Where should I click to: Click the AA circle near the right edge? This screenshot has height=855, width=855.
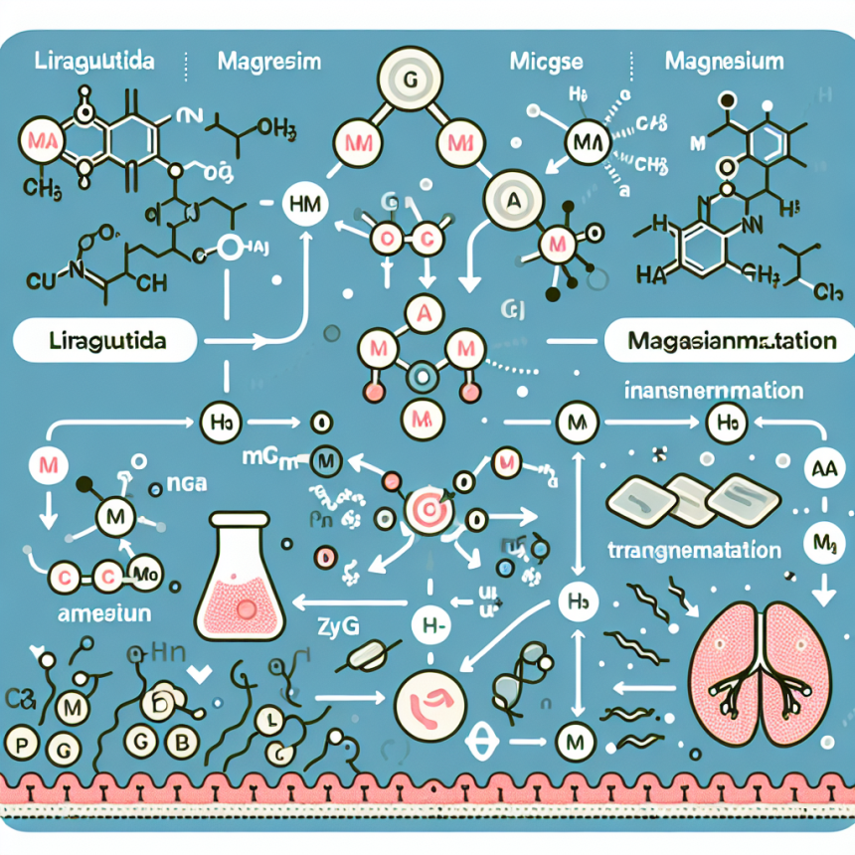point(822,470)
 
